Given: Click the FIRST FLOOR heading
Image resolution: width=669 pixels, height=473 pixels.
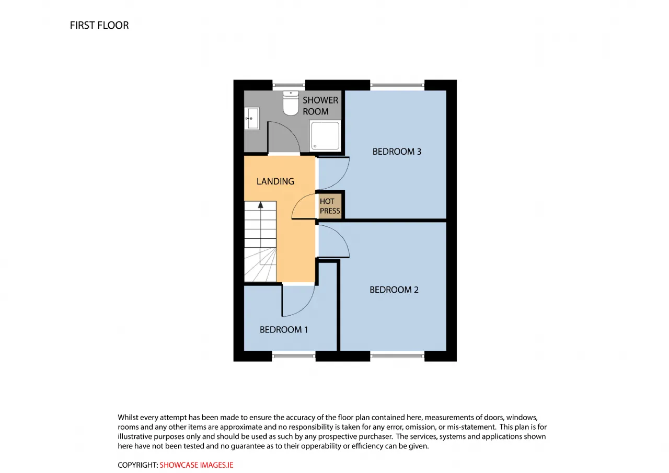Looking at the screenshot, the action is pyautogui.click(x=99, y=26).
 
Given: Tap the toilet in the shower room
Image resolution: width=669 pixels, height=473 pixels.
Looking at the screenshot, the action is pyautogui.click(x=291, y=103).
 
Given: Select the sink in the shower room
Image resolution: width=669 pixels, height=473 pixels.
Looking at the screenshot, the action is pyautogui.click(x=252, y=118).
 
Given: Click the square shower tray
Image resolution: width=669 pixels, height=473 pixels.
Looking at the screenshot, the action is pyautogui.click(x=325, y=136).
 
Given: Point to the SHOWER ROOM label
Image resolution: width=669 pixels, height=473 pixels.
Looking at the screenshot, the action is pyautogui.click(x=320, y=106).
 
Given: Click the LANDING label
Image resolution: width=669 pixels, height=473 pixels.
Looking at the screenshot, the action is pyautogui.click(x=275, y=181).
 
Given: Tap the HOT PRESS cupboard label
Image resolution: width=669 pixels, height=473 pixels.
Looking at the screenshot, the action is pyautogui.click(x=330, y=206).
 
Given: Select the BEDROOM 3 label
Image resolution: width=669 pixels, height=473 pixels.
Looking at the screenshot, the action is pyautogui.click(x=397, y=152).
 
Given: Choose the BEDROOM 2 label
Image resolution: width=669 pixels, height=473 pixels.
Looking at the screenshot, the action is pyautogui.click(x=394, y=290).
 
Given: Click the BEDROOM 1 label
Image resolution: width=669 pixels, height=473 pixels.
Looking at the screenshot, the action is pyautogui.click(x=284, y=330).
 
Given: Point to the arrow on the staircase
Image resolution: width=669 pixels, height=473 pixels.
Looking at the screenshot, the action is pyautogui.click(x=261, y=205).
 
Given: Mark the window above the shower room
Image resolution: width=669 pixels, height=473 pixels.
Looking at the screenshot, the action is pyautogui.click(x=289, y=85).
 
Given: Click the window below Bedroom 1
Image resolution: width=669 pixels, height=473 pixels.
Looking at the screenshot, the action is pyautogui.click(x=294, y=356).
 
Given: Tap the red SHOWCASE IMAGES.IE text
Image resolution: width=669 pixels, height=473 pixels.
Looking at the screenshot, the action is pyautogui.click(x=196, y=465).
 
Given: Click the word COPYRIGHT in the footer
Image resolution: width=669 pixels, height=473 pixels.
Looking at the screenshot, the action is pyautogui.click(x=137, y=465).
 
